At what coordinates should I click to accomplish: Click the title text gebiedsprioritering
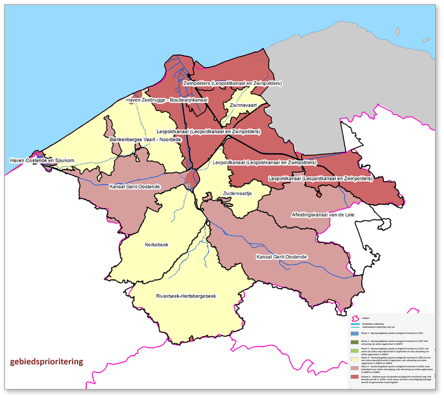[x=46, y=362]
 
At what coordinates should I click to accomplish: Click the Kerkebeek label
[x=156, y=245]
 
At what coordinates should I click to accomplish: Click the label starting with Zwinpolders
[x=232, y=83]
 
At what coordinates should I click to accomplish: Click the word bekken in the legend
[x=365, y=318]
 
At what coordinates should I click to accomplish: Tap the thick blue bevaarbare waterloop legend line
[x=356, y=325]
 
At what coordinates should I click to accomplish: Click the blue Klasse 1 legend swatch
[x=356, y=334]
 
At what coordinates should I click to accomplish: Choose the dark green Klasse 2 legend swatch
[x=356, y=342]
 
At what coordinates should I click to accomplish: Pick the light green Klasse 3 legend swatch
[x=356, y=351]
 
